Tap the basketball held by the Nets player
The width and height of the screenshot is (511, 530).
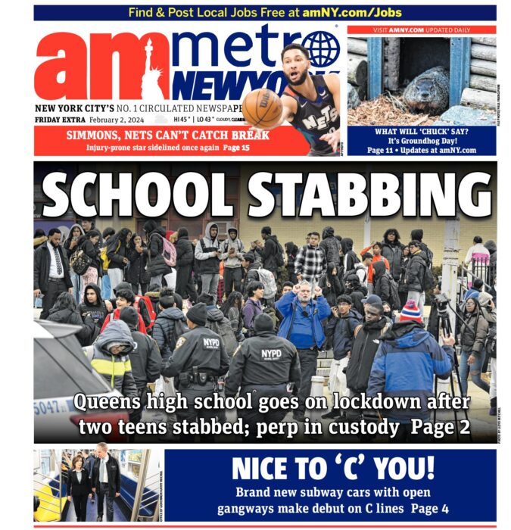(262, 108)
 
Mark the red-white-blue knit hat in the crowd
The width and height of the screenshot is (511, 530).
(410, 311)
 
